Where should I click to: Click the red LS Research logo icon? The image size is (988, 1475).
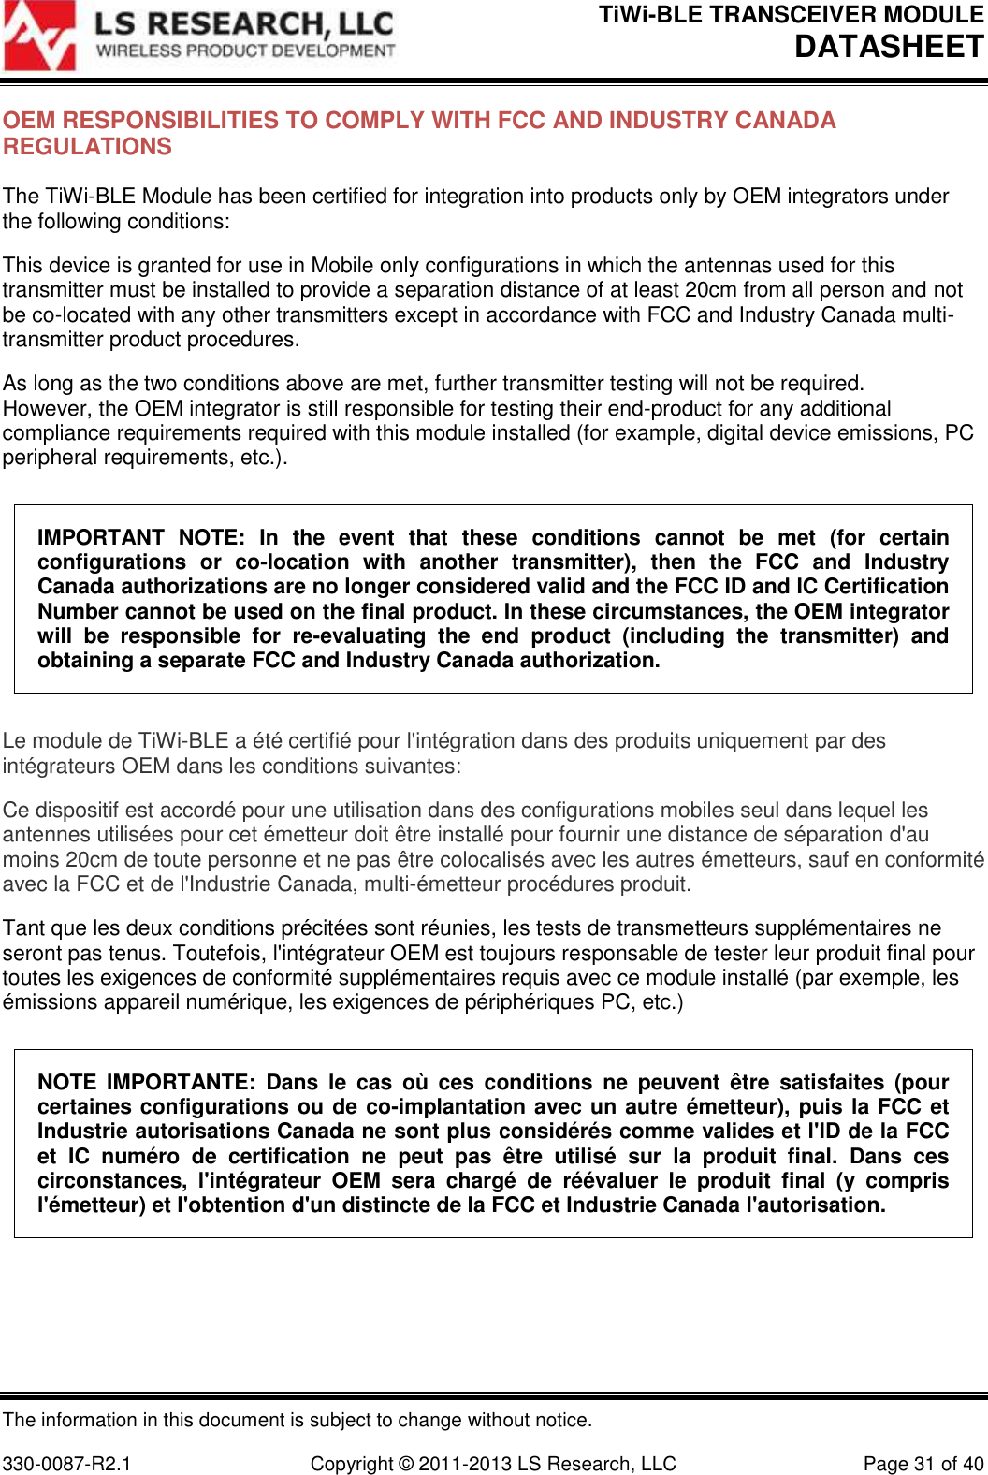(x=39, y=37)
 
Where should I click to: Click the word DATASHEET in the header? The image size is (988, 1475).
(x=889, y=46)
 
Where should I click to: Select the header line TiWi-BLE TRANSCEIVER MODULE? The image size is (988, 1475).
(x=791, y=15)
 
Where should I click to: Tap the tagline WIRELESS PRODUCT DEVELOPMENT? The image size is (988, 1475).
(x=246, y=51)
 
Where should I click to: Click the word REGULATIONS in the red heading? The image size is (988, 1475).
(x=88, y=147)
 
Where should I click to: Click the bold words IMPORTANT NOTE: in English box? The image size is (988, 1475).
(x=140, y=538)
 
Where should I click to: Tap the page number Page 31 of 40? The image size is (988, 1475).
(x=923, y=1464)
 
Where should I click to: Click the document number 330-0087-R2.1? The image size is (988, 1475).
(x=67, y=1464)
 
